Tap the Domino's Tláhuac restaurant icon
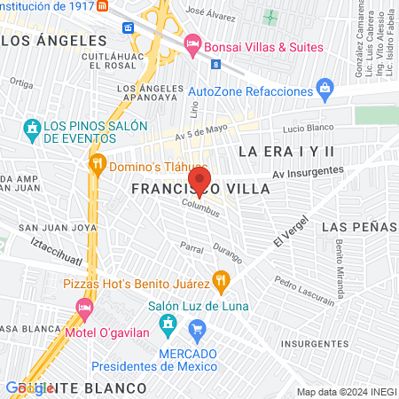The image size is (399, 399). click(x=98, y=163)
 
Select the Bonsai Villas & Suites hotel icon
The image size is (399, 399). click(x=192, y=43)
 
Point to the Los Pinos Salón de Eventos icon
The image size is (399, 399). click(x=33, y=128)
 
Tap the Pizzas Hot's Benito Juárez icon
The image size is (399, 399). click(x=222, y=283)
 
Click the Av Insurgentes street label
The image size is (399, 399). click(x=308, y=172)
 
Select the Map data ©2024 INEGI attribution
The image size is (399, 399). click(x=346, y=392)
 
